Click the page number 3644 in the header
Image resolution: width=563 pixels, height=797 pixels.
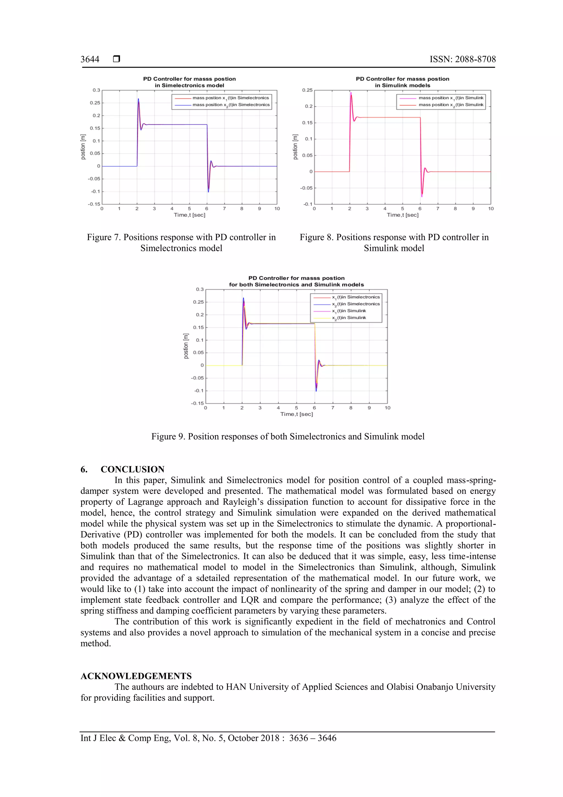90,59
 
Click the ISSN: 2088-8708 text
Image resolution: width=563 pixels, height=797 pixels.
462,59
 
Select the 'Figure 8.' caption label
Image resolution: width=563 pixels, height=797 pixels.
316,237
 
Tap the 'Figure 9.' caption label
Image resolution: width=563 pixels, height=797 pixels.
168,436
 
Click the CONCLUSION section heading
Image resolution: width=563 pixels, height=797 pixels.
132,469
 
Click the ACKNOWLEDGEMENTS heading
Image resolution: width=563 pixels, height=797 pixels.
136,676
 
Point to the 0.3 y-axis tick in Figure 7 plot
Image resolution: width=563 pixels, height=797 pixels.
96,90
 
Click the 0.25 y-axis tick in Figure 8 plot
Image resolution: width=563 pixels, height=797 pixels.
307,90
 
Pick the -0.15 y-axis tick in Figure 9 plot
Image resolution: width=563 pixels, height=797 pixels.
197,403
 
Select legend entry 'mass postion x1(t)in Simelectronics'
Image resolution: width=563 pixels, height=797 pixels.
231,98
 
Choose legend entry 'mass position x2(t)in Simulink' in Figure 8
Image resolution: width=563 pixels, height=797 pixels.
451,105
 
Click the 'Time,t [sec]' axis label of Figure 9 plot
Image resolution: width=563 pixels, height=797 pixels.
297,414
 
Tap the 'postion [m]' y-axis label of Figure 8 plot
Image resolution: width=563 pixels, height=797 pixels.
295,147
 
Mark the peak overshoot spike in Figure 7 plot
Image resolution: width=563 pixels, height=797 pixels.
138,100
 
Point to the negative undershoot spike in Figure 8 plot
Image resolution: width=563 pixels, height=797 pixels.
422,196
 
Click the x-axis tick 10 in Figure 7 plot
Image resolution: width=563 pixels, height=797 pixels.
277,209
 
